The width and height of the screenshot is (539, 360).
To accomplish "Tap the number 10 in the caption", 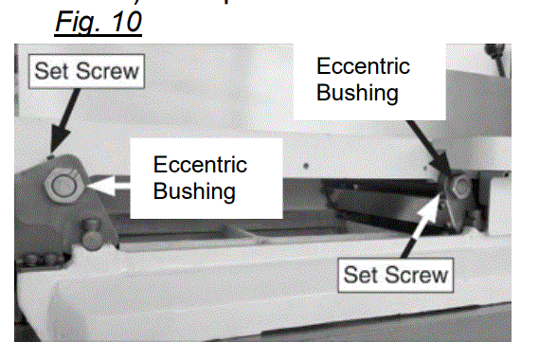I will click(x=121, y=21).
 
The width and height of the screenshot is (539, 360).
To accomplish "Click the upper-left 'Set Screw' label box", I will click(x=86, y=69).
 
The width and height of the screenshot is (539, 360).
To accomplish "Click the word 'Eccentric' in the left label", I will click(x=200, y=165).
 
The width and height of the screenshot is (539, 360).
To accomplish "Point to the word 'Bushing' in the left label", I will click(x=194, y=190).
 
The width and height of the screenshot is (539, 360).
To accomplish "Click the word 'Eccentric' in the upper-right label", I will click(x=363, y=67).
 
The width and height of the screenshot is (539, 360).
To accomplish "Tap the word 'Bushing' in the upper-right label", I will click(x=356, y=94).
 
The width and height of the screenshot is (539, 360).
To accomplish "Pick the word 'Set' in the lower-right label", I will click(x=361, y=276).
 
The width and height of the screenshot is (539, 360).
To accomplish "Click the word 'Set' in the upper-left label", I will click(x=53, y=69).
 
